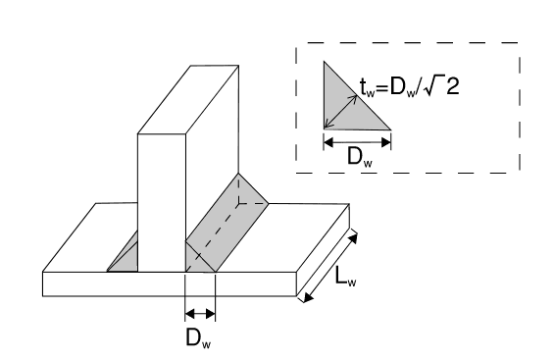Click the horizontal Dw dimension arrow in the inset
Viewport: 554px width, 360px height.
tap(357, 141)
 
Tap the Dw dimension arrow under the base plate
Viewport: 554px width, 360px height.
tap(199, 314)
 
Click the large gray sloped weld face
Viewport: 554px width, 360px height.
tap(227, 221)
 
